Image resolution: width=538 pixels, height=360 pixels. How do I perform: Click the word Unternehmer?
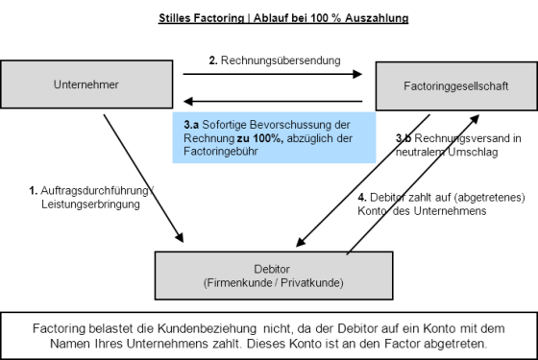(86, 85)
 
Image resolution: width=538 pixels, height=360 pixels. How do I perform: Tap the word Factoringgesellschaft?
(456, 87)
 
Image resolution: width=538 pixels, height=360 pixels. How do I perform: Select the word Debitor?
(274, 270)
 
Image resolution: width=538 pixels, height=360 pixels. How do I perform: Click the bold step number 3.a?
(191, 125)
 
